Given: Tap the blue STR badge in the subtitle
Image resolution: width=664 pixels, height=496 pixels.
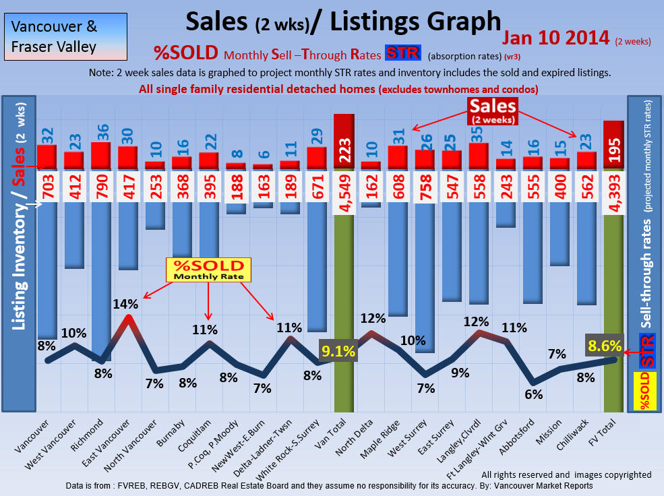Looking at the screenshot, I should click(402, 54).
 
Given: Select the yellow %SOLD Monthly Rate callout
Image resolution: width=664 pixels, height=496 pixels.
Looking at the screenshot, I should click(208, 270).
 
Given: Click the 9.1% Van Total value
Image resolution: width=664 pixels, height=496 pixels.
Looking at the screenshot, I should click(335, 350).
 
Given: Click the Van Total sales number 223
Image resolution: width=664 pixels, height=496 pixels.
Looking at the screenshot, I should click(344, 156).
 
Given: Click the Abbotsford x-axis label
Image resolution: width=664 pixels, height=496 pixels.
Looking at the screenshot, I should click(518, 437).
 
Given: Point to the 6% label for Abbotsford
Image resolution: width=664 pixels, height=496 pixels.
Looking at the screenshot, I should click(533, 394).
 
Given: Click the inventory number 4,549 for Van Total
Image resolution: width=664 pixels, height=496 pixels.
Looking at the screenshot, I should click(344, 184).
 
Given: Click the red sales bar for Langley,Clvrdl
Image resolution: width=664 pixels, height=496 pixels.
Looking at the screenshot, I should click(479, 156).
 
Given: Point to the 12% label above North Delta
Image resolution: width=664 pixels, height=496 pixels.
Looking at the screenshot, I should click(372, 317).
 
